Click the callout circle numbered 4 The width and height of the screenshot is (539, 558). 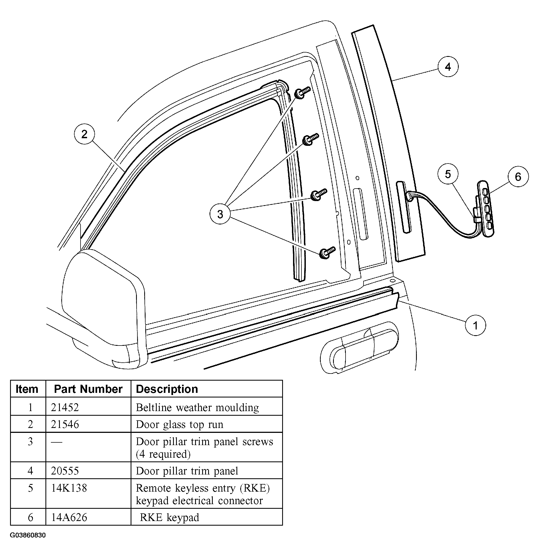point(448,67)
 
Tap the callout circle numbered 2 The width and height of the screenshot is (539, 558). point(84,134)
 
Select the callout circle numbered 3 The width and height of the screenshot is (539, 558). point(220,214)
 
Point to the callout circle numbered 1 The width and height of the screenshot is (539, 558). point(475,325)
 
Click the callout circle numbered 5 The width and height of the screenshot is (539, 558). point(448,174)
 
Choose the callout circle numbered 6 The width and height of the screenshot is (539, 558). point(518,177)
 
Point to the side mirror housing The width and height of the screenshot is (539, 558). point(103,309)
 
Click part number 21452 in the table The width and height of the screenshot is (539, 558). point(65,407)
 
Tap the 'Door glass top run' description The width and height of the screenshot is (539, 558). point(179,424)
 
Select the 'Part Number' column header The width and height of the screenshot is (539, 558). point(88,389)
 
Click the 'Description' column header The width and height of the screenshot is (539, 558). point(167,389)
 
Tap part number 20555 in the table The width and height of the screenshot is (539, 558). point(65,471)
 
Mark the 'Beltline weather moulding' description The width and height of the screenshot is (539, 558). point(197,407)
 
